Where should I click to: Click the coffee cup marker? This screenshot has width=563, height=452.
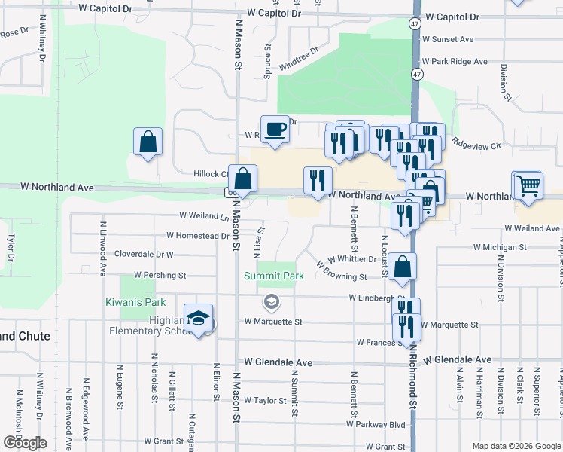click(x=275, y=129)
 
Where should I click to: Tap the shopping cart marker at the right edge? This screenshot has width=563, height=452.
click(x=528, y=184)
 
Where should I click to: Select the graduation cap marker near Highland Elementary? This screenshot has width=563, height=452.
click(x=198, y=319)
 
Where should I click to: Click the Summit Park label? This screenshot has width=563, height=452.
click(x=274, y=276)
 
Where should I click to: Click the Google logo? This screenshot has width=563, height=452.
click(x=24, y=443)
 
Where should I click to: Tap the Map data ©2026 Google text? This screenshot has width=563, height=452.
click(x=516, y=445)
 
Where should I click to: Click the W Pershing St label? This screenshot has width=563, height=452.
click(x=160, y=276)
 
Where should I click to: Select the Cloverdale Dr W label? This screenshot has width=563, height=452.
click(x=144, y=255)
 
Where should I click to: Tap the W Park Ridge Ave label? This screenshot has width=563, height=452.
click(x=455, y=62)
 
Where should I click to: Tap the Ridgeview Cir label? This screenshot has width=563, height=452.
click(x=476, y=145)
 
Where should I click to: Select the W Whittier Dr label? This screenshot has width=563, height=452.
click(x=351, y=258)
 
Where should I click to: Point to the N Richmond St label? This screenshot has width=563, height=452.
click(x=413, y=384)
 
